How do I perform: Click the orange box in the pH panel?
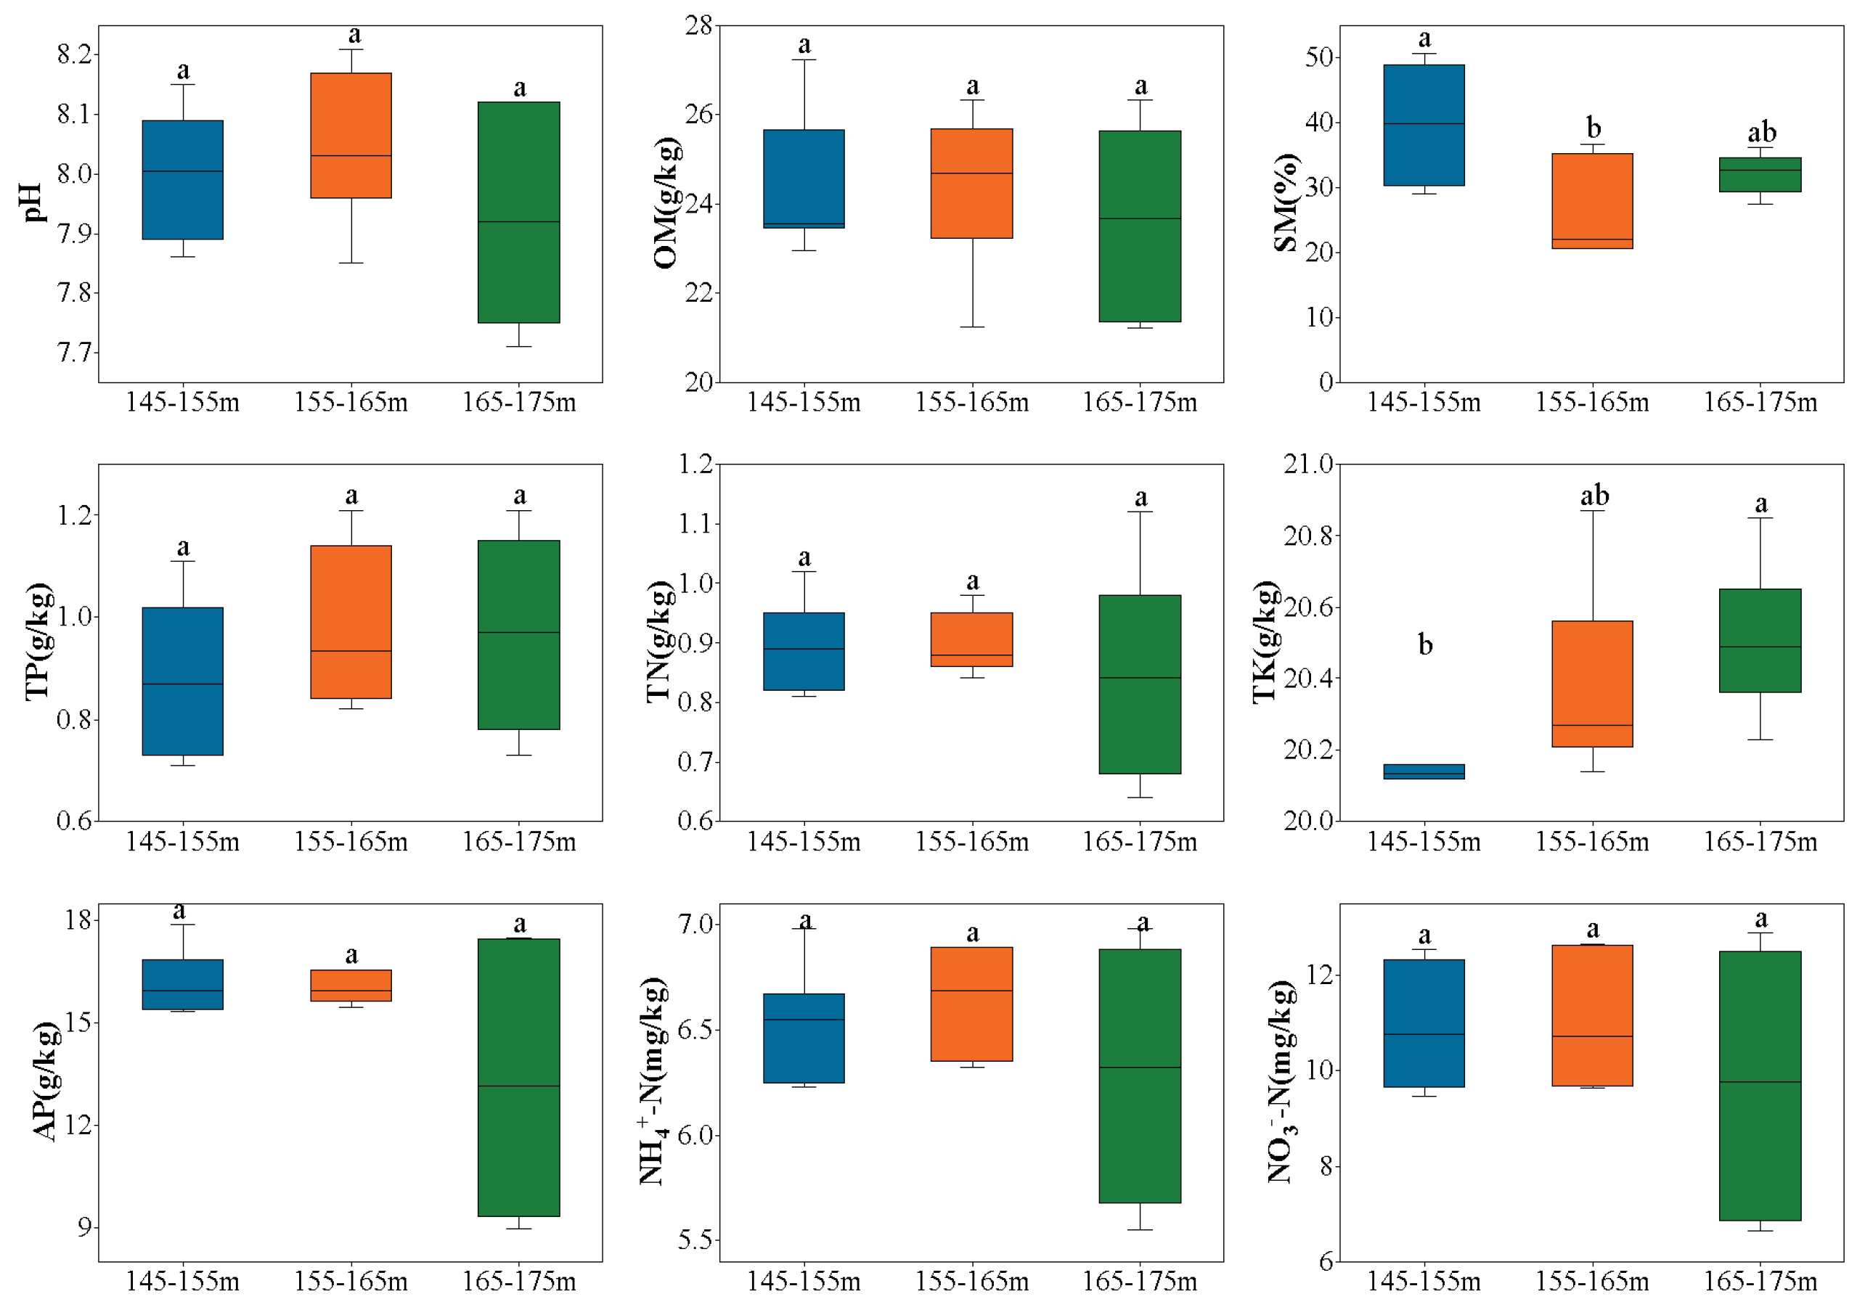pos(351,135)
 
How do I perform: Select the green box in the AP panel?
pos(518,1077)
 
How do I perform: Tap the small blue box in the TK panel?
pos(1424,771)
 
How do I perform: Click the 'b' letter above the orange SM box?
pos(1593,128)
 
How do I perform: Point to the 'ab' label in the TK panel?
pos(1593,496)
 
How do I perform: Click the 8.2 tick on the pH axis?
pos(75,54)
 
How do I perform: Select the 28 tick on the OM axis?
pos(698,26)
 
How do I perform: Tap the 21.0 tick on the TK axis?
pos(1307,464)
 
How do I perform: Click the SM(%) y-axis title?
pos(1285,203)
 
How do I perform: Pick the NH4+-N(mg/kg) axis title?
pos(653,1082)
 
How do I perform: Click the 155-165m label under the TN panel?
pos(971,843)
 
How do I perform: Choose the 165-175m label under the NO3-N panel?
pos(1760,1282)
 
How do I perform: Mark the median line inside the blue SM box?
pos(1424,124)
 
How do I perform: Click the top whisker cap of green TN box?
pos(1140,512)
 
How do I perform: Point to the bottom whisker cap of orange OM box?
pos(971,327)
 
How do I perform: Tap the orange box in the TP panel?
pos(351,622)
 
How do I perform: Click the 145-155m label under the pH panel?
pos(183,402)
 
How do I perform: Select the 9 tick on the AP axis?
pos(84,1227)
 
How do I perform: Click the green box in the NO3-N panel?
pos(1760,1086)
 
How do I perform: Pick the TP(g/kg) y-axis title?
pos(38,642)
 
